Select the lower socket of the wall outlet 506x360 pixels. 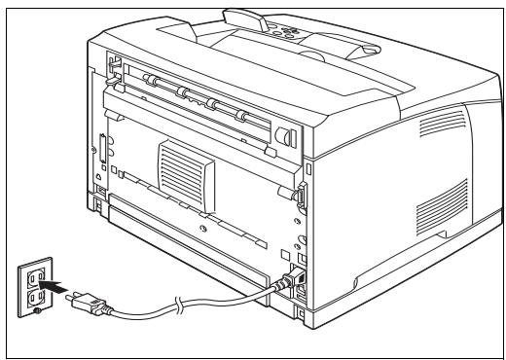tap(35, 298)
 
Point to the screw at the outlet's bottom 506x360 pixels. tap(36, 314)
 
